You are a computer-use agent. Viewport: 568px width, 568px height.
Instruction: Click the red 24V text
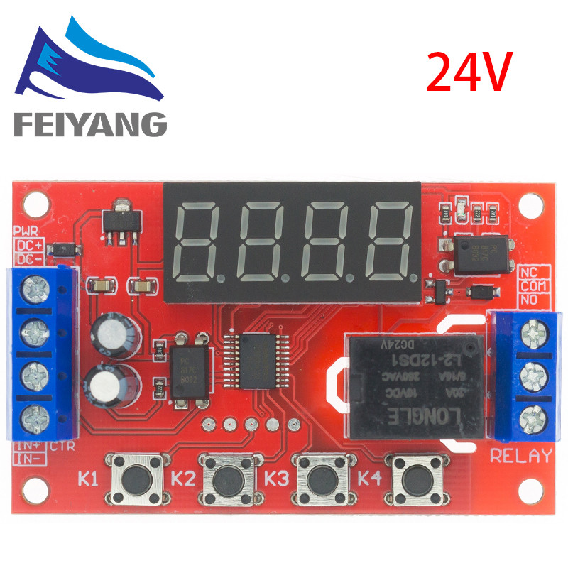(468, 72)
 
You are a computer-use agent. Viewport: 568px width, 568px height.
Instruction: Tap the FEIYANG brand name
(89, 125)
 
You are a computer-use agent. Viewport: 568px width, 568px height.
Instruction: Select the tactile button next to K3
(318, 479)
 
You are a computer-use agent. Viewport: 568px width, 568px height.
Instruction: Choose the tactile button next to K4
(412, 479)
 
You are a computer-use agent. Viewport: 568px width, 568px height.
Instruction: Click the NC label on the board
(529, 271)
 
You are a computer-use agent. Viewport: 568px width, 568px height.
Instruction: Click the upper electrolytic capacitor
(109, 332)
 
